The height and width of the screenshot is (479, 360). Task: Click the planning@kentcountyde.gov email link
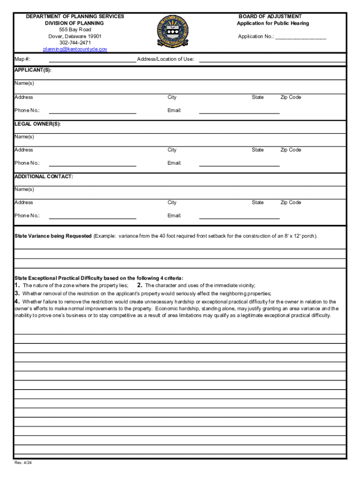(x=75, y=49)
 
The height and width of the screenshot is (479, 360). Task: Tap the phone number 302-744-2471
(x=75, y=43)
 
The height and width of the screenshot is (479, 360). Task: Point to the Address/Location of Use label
(x=166, y=59)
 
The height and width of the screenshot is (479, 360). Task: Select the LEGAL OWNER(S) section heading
(x=37, y=124)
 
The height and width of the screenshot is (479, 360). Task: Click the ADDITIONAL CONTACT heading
(x=43, y=176)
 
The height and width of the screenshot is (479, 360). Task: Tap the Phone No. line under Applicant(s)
(x=92, y=112)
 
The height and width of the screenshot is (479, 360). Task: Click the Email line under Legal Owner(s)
(x=239, y=165)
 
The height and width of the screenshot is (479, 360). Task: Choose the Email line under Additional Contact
(x=239, y=217)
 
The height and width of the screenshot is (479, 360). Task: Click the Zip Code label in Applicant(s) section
(x=290, y=97)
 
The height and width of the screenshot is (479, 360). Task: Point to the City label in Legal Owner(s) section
(x=172, y=150)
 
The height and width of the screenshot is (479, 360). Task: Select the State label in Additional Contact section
(x=258, y=203)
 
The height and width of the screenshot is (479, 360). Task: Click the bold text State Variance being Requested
(x=53, y=236)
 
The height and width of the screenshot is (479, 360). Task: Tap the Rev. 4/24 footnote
(x=23, y=463)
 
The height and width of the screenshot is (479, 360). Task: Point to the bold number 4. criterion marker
(x=17, y=302)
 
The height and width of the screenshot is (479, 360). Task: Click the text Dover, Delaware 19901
(x=75, y=36)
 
